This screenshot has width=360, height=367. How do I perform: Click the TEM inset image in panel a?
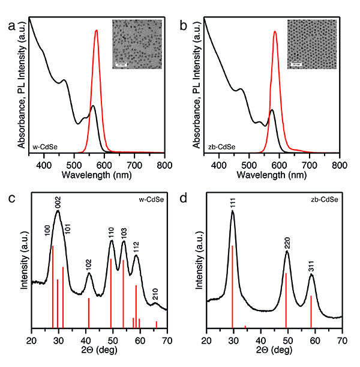[137, 44]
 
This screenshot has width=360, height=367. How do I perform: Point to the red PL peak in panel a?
[96, 31]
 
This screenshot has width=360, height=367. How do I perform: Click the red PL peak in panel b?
[275, 32]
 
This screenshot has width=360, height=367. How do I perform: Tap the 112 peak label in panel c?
[136, 246]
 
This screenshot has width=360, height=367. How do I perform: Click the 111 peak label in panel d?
[232, 204]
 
